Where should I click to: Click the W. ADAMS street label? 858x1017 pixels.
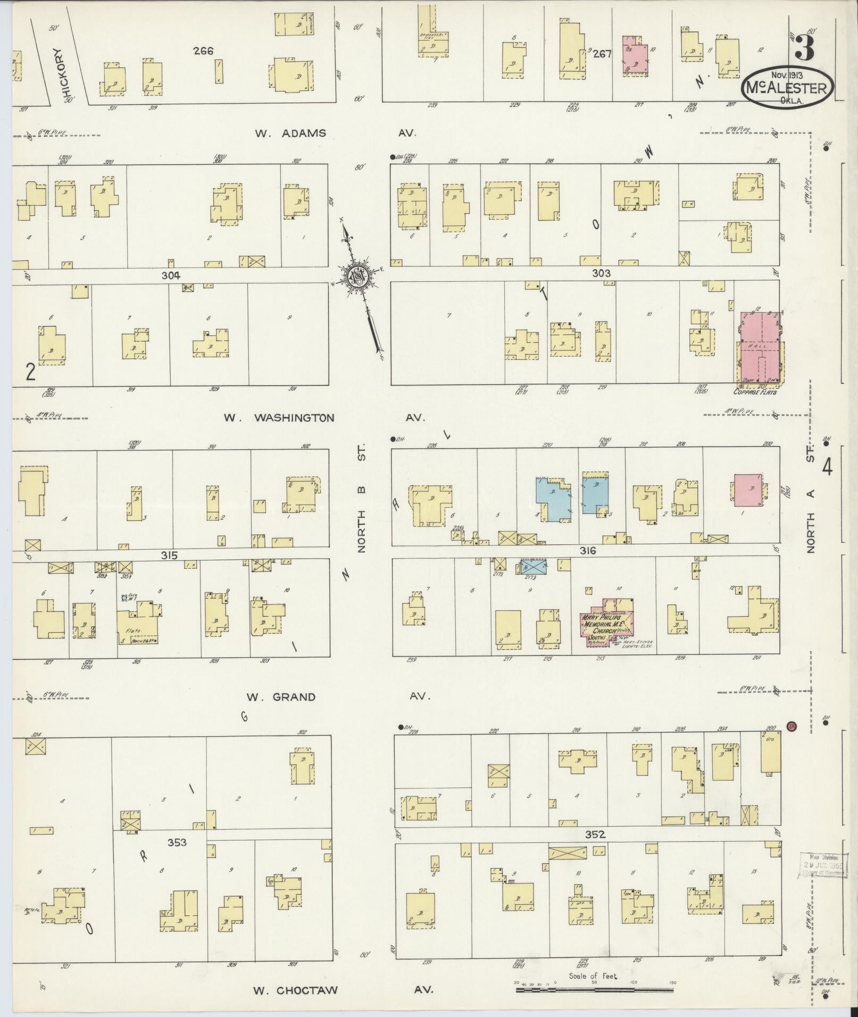[290, 133]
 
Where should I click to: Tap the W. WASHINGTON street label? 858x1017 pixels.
[279, 417]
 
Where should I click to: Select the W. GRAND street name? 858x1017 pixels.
[281, 697]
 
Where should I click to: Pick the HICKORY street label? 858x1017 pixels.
[60, 74]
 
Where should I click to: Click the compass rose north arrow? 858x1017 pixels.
[355, 276]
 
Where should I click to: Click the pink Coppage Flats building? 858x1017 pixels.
[760, 348]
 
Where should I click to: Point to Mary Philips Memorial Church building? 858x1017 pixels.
[605, 623]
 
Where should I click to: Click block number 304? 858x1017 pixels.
[171, 275]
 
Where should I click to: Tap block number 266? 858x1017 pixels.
[203, 51]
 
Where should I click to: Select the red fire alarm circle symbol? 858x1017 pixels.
[791, 726]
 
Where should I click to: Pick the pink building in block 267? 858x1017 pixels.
[635, 55]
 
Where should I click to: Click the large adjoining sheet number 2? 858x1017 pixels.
[30, 372]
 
